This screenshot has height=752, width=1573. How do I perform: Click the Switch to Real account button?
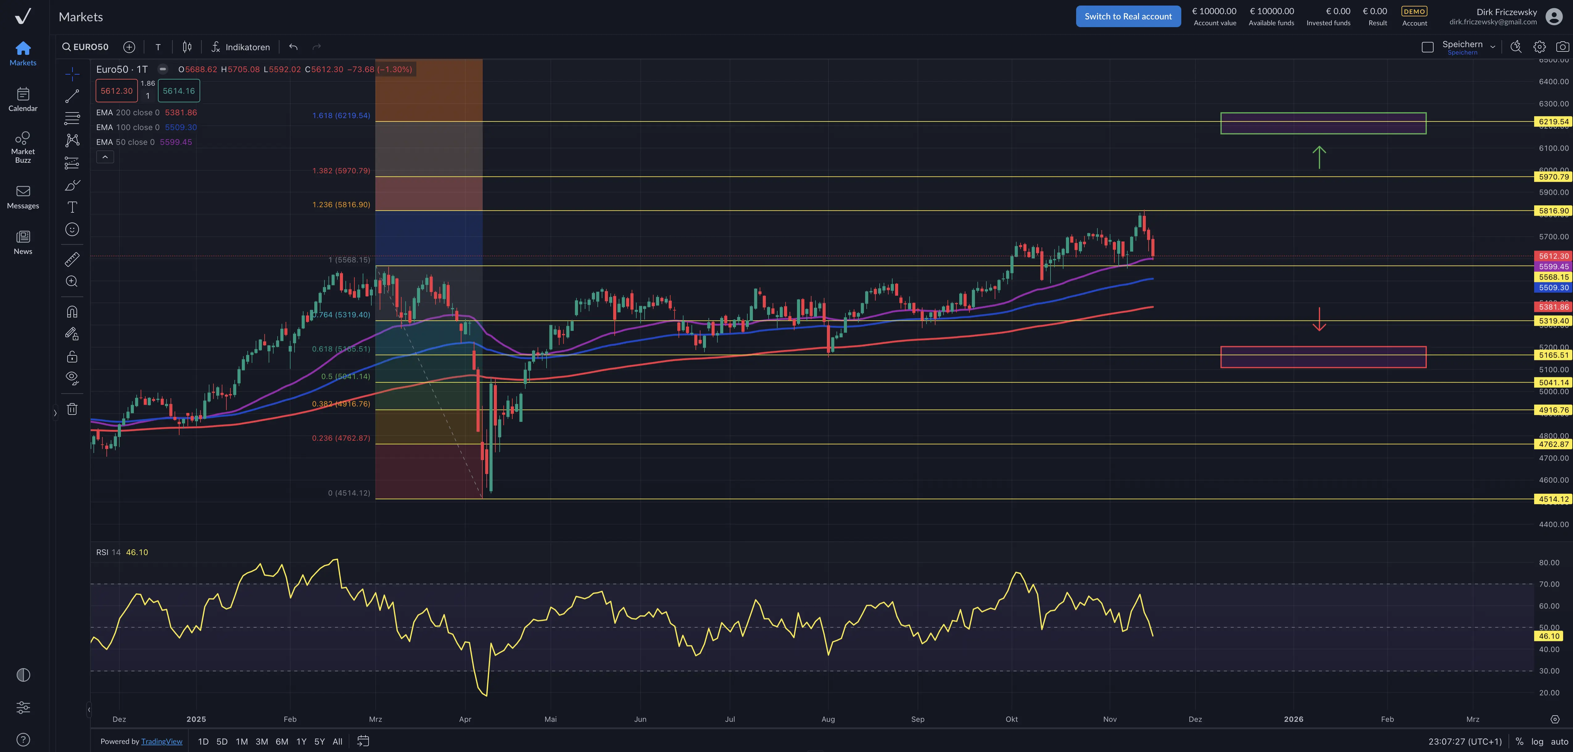point(1128,16)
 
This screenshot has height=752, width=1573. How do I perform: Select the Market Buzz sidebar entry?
point(23,146)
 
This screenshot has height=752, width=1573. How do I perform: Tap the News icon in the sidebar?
point(23,242)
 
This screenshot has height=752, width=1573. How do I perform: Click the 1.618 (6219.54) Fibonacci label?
point(341,115)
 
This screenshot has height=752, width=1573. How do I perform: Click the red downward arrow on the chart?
point(1319,319)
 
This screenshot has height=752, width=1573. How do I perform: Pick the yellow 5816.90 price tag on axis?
point(1553,210)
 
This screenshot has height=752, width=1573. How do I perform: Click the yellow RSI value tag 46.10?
point(1549,636)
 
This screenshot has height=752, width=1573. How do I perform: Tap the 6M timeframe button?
point(282,742)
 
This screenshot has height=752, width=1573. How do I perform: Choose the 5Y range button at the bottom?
point(319,742)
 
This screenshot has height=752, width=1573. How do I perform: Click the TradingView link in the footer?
point(162,742)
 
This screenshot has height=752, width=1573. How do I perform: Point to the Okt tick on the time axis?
point(1011,719)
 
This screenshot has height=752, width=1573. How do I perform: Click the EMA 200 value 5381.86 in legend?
point(181,112)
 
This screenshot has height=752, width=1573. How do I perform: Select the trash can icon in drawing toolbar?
point(72,409)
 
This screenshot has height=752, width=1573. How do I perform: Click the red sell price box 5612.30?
point(116,91)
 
